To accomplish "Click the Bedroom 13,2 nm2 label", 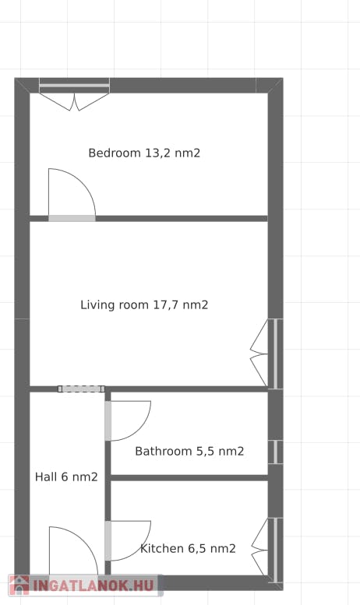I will click(144, 153).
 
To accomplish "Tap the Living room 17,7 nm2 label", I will click(144, 305).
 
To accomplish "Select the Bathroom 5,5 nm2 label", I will click(189, 452).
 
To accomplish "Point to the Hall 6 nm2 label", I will click(66, 477).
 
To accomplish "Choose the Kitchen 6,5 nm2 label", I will click(188, 549).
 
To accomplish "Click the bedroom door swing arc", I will click(78, 187).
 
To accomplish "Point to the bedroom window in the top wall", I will click(75, 86).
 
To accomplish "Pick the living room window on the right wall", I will click(275, 354).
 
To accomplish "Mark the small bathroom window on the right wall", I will click(275, 452).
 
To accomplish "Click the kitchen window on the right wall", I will click(275, 550).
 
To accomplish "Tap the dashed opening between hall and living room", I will click(81, 389).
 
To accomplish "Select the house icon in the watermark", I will click(19, 585).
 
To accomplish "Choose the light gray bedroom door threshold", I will click(72, 218).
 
